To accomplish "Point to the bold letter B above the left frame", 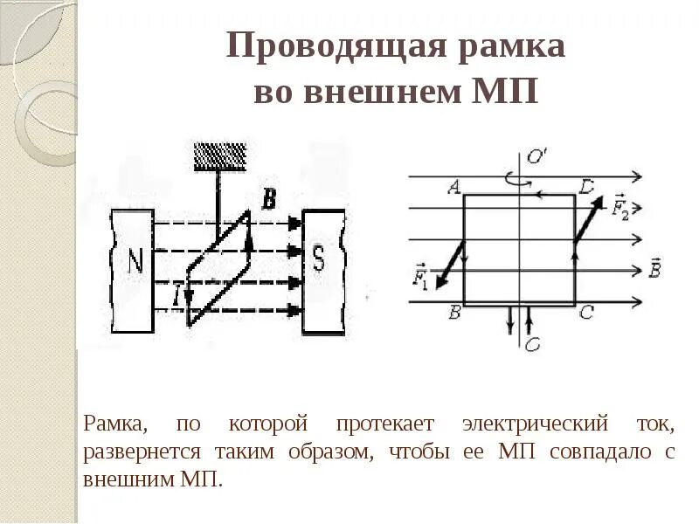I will (269, 201).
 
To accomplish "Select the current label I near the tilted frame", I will (177, 296).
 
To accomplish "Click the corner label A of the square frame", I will (453, 186).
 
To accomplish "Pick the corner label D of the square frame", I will (586, 186).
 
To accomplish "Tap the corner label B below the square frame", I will (453, 314).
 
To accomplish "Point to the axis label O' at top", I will (536, 158).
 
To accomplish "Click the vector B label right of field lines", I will (656, 270).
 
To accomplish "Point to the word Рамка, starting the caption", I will (114, 425).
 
